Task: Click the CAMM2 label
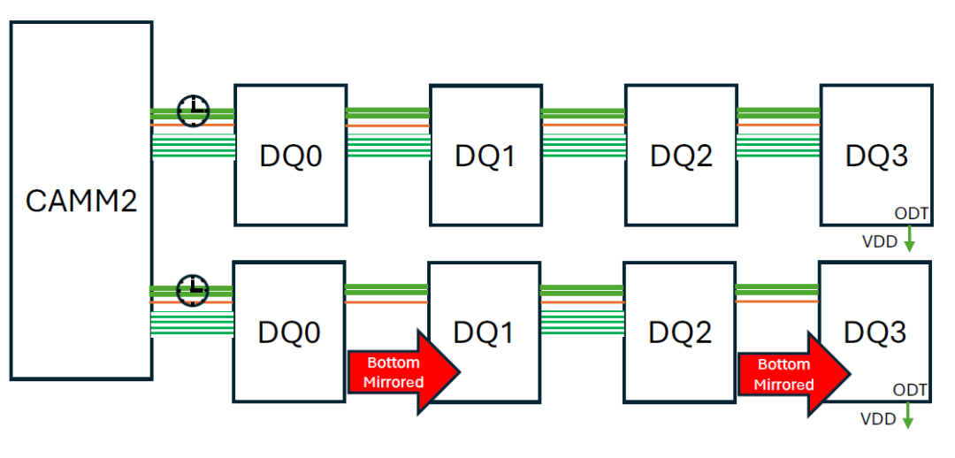81,201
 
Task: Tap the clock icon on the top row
193,111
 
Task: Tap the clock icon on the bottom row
191,290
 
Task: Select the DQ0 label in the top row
290,156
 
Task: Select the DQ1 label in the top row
485,156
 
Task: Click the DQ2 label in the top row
681,156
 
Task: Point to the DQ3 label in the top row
876,156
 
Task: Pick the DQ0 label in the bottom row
288,332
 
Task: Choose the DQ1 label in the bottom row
484,332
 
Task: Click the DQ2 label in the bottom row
679,332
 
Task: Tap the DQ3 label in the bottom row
875,332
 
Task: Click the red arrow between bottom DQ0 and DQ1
403,372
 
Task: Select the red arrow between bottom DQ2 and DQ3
793,374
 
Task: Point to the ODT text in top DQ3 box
911,214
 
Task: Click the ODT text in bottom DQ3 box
910,390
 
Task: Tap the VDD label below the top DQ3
879,240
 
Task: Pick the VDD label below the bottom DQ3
878,416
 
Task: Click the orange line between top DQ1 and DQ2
584,126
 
